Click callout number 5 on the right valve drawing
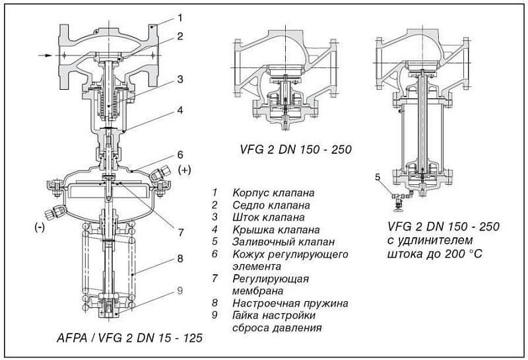(x=378, y=176)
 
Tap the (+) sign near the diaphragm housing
(x=184, y=170)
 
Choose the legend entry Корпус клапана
(x=273, y=193)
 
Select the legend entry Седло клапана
(x=270, y=205)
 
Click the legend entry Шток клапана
(x=268, y=217)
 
